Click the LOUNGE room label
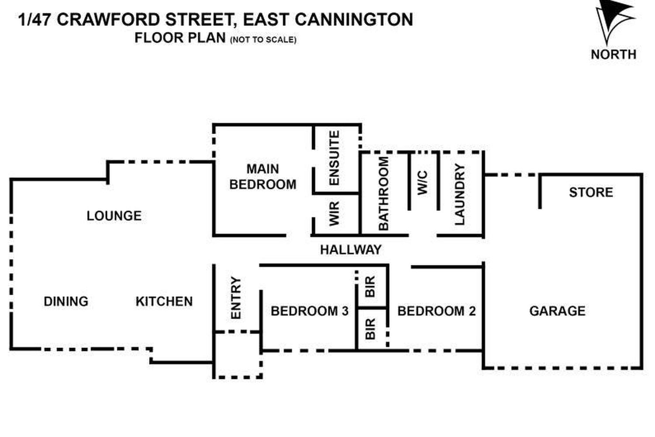pos(114,216)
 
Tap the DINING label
pos(66,302)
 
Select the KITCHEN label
pos(164,302)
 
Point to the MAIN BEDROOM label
pos(263,177)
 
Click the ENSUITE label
pos(334,158)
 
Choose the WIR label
pos(334,214)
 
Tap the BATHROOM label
pos(383,194)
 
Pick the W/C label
pos(423,183)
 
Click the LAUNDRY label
pos(460,195)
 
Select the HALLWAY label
pos(351,250)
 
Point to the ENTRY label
pos(236,298)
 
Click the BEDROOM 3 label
pos(310,311)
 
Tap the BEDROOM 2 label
pos(436,311)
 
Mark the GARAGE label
pos(557,311)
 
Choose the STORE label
pos(591,192)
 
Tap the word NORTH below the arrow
pos(613,55)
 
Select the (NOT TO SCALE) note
pos(263,40)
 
